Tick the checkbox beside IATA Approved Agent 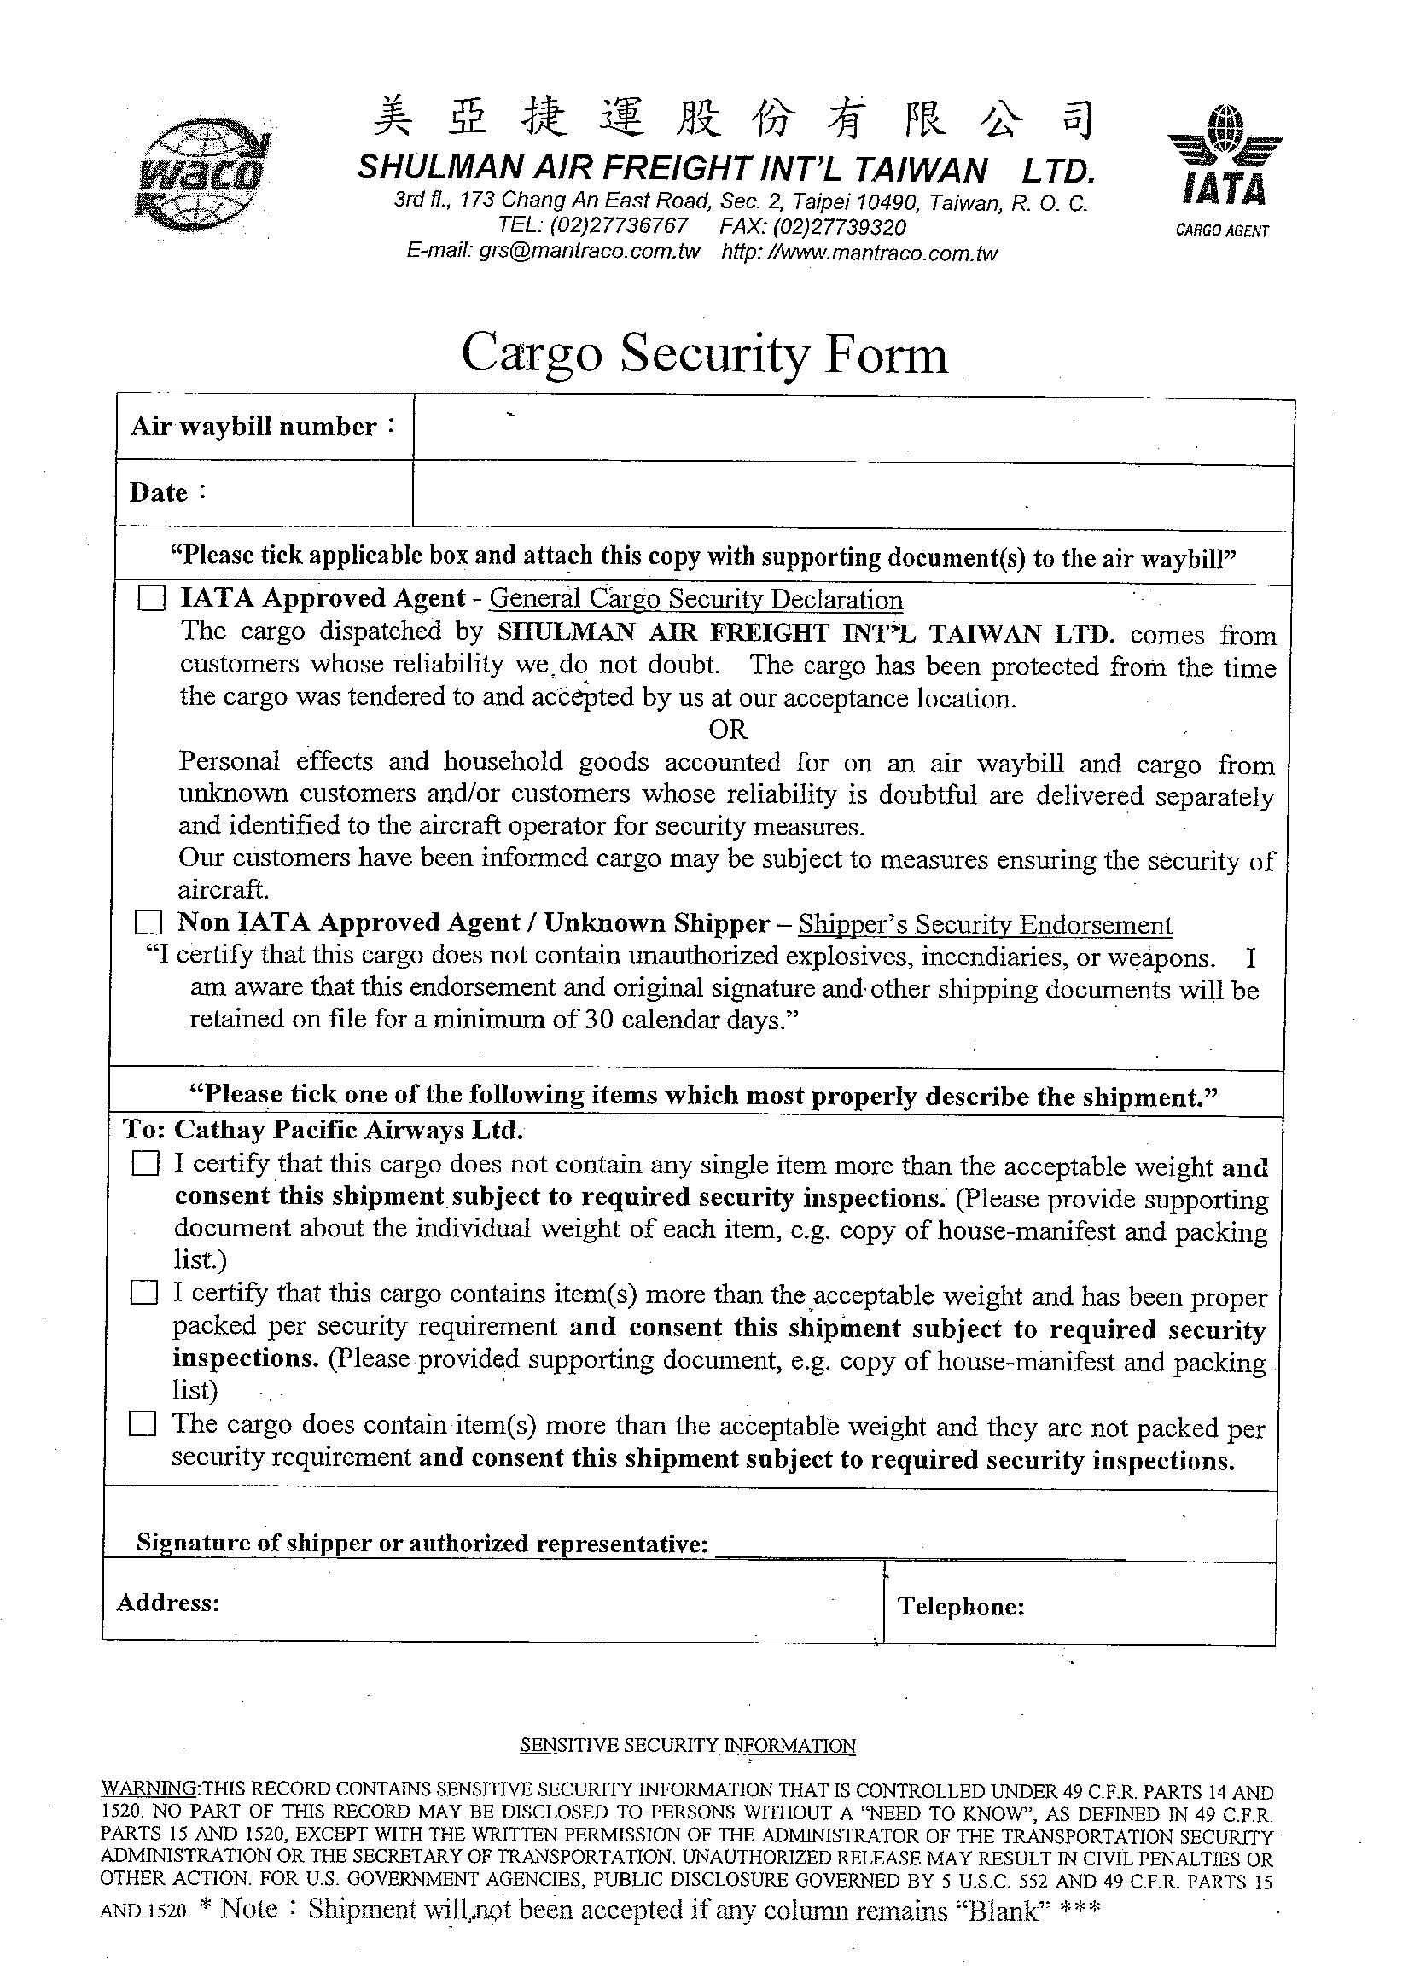point(152,598)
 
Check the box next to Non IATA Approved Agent point(149,922)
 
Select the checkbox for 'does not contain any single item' point(146,1163)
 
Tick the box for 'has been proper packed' point(144,1293)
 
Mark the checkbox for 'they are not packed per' point(143,1423)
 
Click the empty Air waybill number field point(853,431)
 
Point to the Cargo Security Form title point(703,354)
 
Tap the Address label point(168,1603)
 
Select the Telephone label point(961,1606)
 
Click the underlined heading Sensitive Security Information point(687,1745)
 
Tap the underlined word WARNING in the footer point(149,1788)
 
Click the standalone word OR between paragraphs point(727,730)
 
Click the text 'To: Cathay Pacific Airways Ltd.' point(323,1130)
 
